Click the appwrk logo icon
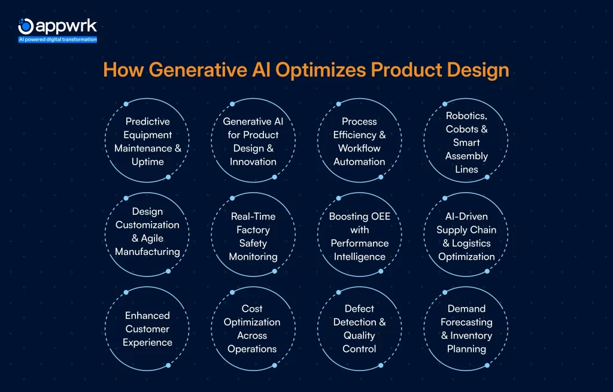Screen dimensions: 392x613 pyautogui.click(x=26, y=26)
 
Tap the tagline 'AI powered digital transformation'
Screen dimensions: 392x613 pyautogui.click(x=57, y=39)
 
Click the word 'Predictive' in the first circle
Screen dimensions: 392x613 pyautogui.click(x=147, y=121)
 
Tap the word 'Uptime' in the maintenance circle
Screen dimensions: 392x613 pyautogui.click(x=147, y=162)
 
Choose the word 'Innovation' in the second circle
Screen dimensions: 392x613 pyautogui.click(x=253, y=162)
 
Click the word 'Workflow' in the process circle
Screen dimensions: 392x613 pyautogui.click(x=359, y=148)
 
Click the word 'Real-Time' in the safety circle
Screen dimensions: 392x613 pyautogui.click(x=253, y=217)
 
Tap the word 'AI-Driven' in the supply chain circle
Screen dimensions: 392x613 pyautogui.click(x=466, y=217)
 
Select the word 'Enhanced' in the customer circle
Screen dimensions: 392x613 pyautogui.click(x=147, y=315)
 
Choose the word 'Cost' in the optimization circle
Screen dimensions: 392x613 pyautogui.click(x=252, y=309)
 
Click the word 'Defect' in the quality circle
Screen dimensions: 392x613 pyautogui.click(x=359, y=309)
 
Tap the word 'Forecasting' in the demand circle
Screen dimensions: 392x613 pyautogui.click(x=466, y=322)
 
